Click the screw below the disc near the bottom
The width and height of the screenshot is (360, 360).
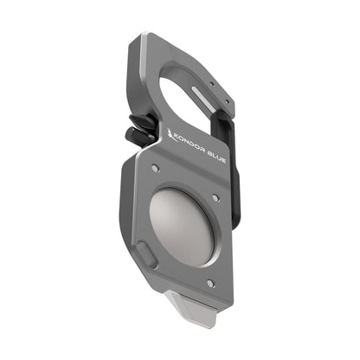click(209, 283)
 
